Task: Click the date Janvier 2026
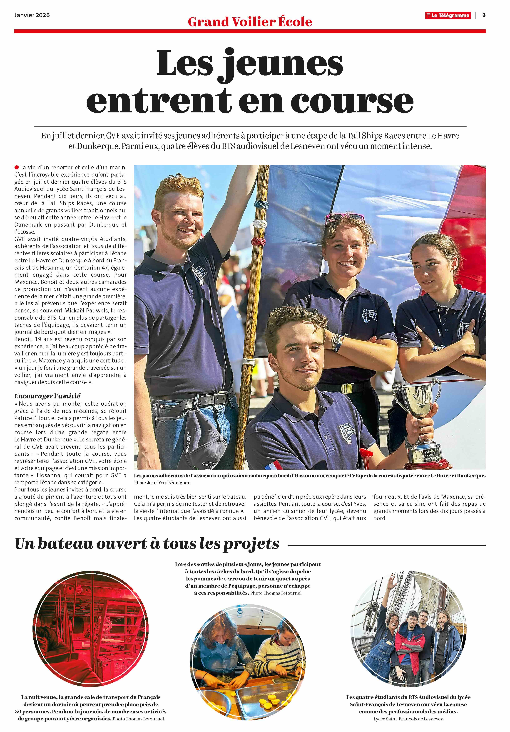coord(32,15)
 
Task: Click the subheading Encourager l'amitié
coord(47,396)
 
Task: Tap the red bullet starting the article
coord(17,167)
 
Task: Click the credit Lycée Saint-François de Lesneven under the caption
coord(408,719)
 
